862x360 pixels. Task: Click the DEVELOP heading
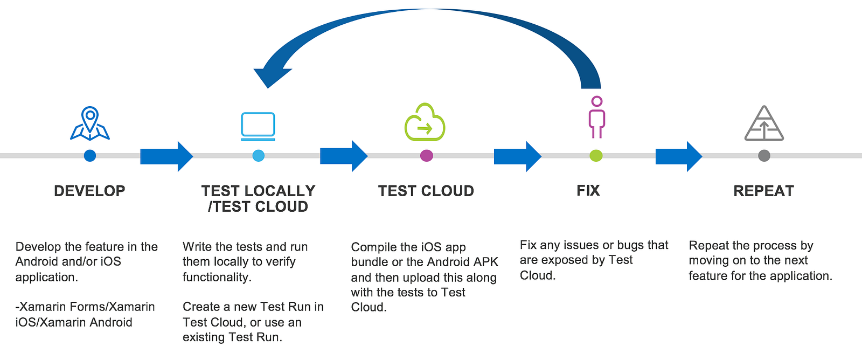89,191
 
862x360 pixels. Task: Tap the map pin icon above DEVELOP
90,123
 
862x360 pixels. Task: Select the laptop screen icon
258,126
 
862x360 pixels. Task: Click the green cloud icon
425,122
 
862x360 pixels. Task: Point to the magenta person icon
596,117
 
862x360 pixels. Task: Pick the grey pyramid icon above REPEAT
764,123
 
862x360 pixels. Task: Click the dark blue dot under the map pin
90,156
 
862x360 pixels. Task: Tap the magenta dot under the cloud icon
426,156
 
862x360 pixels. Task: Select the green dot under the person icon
596,156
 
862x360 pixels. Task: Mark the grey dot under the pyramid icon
764,156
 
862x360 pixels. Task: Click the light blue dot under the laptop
259,156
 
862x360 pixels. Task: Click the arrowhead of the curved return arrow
269,75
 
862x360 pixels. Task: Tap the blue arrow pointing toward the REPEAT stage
678,156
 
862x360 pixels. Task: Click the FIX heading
588,190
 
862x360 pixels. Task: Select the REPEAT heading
763,191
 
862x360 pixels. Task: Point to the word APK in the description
485,262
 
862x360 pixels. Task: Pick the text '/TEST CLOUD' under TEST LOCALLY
258,206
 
